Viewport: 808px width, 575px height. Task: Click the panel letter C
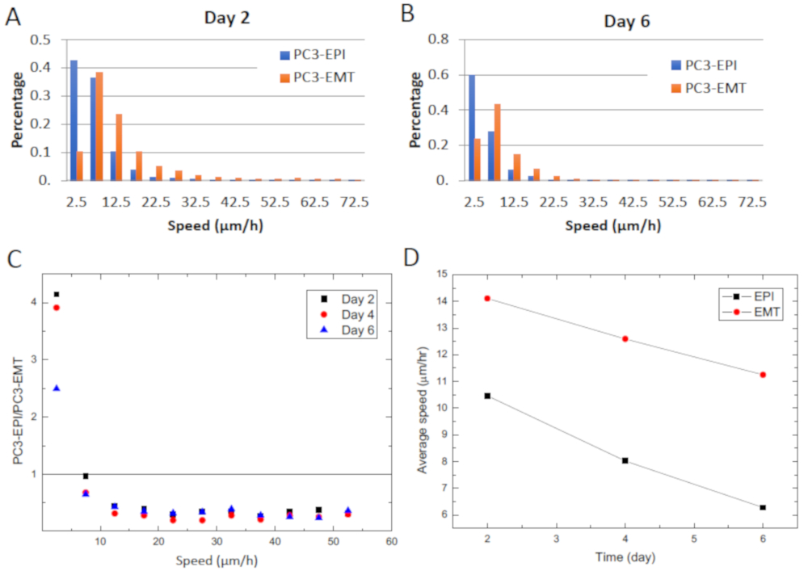(14, 260)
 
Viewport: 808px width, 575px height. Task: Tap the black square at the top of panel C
(57, 295)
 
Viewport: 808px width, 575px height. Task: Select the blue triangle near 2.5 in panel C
(57, 388)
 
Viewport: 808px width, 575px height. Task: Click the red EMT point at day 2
(487, 298)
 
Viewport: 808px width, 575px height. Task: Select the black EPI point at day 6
(763, 507)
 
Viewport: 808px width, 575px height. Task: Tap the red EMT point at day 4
(625, 338)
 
